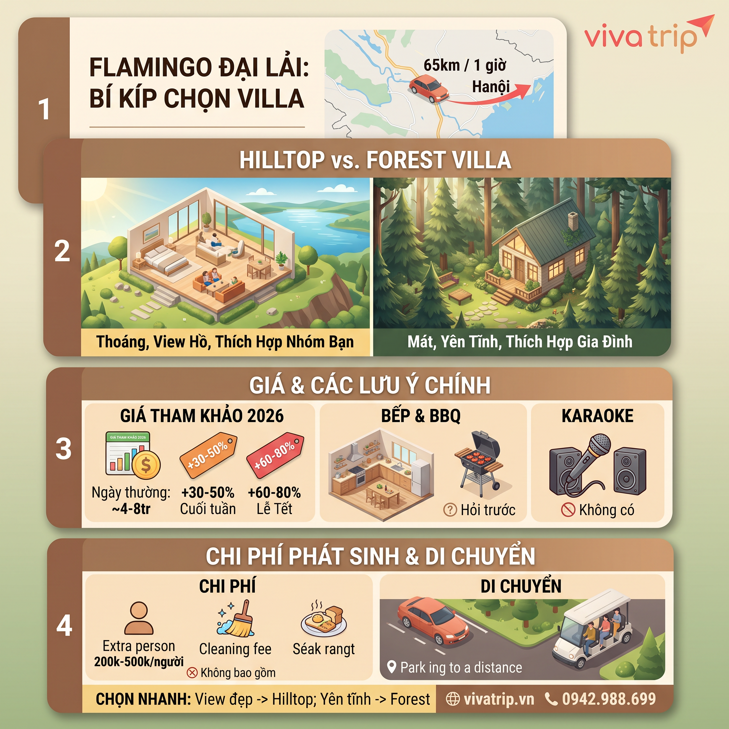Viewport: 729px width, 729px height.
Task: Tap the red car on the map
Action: [x=429, y=89]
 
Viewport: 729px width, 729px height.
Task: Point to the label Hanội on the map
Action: [x=491, y=87]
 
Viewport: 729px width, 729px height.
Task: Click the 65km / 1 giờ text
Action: [x=465, y=65]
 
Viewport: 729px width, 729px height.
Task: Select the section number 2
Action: [x=62, y=251]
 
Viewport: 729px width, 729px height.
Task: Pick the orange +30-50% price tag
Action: [x=208, y=454]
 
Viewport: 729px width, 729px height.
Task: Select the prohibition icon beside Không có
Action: [x=568, y=510]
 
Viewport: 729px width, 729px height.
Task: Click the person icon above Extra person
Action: [x=139, y=618]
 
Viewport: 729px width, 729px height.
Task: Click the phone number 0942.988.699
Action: [x=609, y=699]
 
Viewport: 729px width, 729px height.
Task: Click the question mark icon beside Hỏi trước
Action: [x=450, y=510]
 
